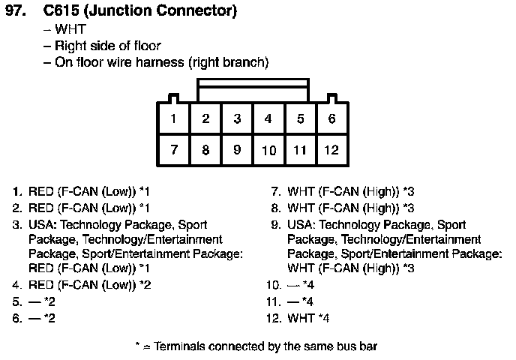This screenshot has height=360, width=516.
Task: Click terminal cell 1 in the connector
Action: point(174,118)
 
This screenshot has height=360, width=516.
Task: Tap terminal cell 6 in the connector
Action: point(331,118)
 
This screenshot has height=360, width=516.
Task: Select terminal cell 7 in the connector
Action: point(174,150)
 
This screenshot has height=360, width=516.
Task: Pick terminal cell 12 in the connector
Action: point(331,150)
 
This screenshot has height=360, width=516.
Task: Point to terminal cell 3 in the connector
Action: point(237,118)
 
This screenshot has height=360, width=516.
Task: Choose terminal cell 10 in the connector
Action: point(268,150)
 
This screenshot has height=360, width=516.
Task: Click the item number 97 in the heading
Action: point(16,10)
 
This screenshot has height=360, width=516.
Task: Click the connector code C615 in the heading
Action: point(61,10)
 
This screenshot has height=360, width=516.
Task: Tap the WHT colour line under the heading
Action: point(70,29)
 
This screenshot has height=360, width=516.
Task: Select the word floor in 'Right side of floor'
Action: point(148,46)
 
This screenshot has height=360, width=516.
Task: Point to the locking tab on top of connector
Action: point(253,90)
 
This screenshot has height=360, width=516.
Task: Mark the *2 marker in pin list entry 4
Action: point(145,285)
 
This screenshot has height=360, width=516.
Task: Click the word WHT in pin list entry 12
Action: point(301,318)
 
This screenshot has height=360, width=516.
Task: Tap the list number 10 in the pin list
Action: point(274,285)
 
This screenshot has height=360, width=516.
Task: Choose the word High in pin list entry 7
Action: point(379,192)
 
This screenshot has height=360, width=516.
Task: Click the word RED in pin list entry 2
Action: point(41,208)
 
